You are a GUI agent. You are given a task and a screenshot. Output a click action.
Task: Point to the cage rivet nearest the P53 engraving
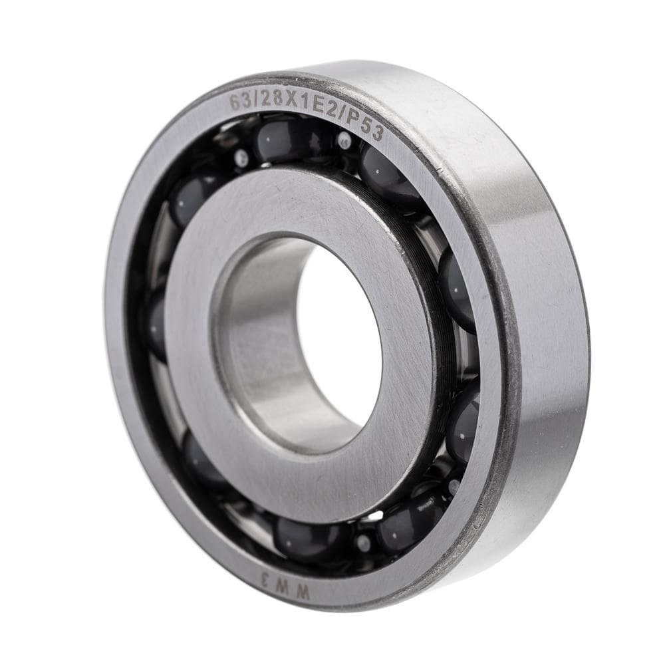pyautogui.click(x=344, y=140)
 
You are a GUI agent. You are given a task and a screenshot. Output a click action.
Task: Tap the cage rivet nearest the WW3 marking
pyautogui.click(x=362, y=543)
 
